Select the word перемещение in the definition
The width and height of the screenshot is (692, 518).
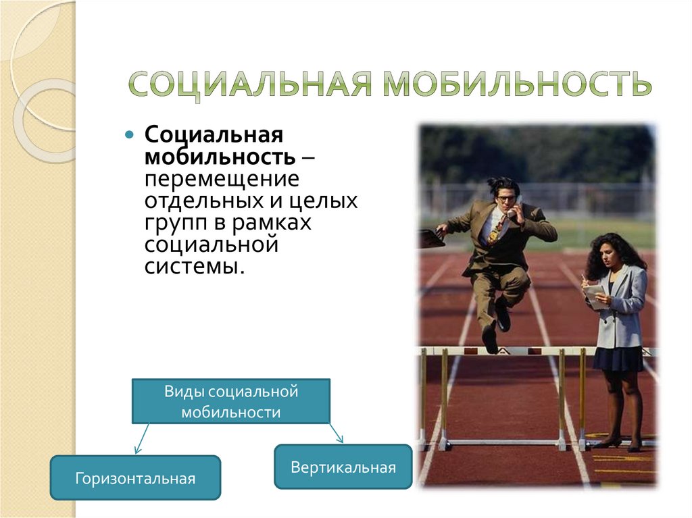(221, 180)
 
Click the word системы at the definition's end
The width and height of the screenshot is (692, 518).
(193, 266)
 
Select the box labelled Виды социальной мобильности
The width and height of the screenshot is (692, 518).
(230, 401)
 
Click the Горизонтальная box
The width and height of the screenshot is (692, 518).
(136, 477)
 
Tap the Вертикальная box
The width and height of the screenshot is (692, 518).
(343, 466)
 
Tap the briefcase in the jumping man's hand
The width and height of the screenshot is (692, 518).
(430, 238)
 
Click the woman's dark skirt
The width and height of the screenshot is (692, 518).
(618, 358)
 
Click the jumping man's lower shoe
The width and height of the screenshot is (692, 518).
(489, 339)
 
